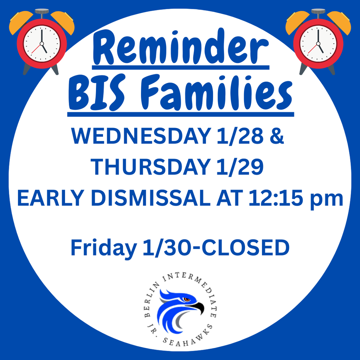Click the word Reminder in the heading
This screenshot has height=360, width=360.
(x=180, y=48)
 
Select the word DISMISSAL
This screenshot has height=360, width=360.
(x=152, y=199)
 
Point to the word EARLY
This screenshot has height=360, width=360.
(x=53, y=199)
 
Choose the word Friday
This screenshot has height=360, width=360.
(x=102, y=248)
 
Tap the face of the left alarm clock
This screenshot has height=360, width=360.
(x=42, y=44)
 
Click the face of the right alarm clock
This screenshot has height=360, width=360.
(x=318, y=44)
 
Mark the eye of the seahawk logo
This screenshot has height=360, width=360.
(x=187, y=300)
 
